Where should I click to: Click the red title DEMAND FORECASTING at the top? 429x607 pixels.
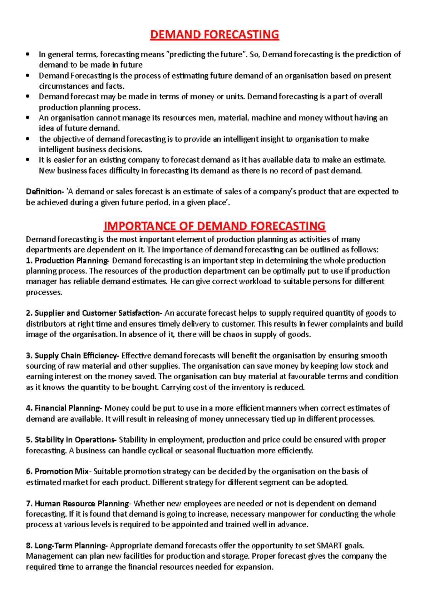[x=214, y=35]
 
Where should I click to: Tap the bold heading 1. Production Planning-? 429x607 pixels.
[x=67, y=261]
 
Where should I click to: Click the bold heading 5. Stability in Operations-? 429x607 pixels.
[x=71, y=440]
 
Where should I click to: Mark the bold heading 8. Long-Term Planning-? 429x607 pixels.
[x=67, y=546]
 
